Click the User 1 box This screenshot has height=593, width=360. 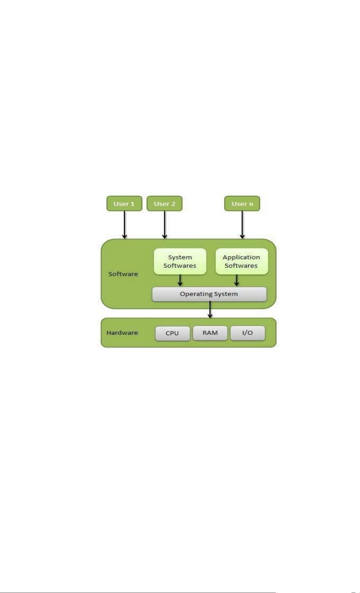pos(124,204)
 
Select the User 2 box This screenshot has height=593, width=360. pos(165,204)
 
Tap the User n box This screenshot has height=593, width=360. pos(242,204)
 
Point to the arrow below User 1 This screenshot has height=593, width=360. pos(125,225)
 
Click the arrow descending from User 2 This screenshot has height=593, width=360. pos(165,225)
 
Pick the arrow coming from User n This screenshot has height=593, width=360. pos(242,225)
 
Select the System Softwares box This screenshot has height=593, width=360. pos(180,262)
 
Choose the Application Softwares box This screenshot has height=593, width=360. pos(242,262)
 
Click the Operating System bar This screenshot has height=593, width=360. pos(209,294)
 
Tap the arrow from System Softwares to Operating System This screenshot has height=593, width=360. pos(180,280)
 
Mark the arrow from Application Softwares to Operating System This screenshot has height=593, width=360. pos(237,280)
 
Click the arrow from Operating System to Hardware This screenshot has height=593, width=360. pos(210,310)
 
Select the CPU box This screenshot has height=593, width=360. pos(173,333)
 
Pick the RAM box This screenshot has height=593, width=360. pos(210,333)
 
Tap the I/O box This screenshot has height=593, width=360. pos(247,333)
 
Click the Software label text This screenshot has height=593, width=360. pos(123,274)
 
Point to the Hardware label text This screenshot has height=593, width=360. pos(122,333)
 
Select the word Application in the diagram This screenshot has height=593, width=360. pos(241,258)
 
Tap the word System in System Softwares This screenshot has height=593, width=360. pos(180,258)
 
